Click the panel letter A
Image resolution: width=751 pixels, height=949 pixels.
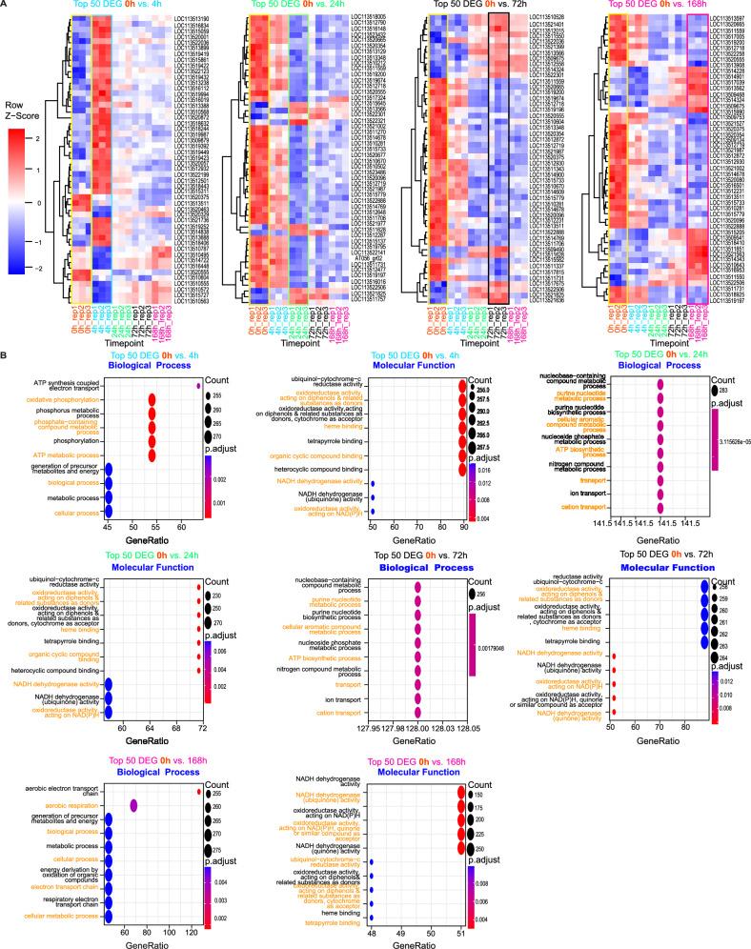[7, 7]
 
